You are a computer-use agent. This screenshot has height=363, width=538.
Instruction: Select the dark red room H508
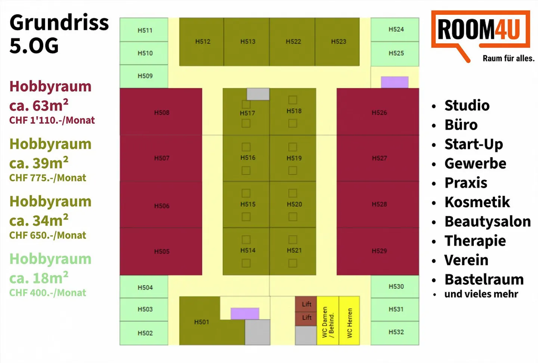click(161, 112)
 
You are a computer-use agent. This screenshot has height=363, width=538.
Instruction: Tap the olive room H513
click(247, 41)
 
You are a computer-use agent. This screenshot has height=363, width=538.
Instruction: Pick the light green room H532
click(395, 332)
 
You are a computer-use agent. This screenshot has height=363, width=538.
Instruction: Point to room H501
click(201, 322)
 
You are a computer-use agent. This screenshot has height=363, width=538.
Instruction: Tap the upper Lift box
click(306, 304)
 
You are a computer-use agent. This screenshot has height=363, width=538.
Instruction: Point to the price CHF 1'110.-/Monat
click(52, 120)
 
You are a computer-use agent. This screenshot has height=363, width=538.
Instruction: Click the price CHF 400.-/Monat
click(47, 293)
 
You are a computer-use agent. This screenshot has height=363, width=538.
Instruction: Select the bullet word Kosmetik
click(477, 202)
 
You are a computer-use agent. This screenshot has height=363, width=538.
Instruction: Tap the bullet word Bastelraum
click(484, 279)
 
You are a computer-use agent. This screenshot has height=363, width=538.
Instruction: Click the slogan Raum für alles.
click(508, 58)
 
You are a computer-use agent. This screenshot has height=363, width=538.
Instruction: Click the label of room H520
click(294, 204)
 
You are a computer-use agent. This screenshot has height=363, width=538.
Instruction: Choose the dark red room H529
click(378, 251)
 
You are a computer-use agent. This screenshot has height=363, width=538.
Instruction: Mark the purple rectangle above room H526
click(395, 82)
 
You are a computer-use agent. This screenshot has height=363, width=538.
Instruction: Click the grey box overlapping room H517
click(258, 94)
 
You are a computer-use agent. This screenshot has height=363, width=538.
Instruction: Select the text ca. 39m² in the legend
click(39, 163)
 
